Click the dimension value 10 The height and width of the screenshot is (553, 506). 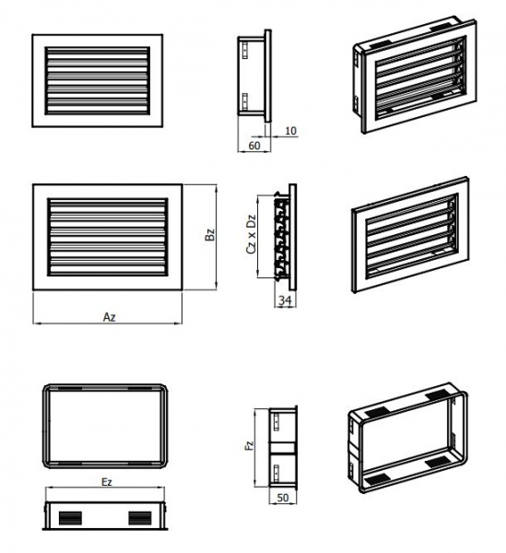point(290,131)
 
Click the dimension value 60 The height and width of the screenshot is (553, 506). point(254,146)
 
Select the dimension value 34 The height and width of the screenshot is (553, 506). point(286,300)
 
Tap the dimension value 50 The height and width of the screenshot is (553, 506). point(283,498)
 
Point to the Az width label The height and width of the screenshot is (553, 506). point(110,317)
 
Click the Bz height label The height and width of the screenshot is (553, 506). point(210,234)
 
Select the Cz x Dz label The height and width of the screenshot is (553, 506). point(251,234)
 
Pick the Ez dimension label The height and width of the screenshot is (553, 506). point(107,482)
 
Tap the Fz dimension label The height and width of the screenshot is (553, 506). point(249,445)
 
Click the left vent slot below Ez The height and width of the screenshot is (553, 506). point(71,518)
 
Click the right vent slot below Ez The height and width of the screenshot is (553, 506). point(140,518)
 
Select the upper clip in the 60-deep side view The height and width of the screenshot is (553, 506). point(245,51)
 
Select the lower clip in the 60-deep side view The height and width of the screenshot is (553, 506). point(245,101)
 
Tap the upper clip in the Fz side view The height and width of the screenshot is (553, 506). point(277,422)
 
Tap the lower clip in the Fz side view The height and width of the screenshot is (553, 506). point(277,472)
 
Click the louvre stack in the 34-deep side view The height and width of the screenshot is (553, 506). point(281,236)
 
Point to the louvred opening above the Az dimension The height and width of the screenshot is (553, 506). point(108,237)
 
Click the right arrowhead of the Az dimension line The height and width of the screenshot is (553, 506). point(180,323)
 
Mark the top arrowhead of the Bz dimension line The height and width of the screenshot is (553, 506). point(215,187)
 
